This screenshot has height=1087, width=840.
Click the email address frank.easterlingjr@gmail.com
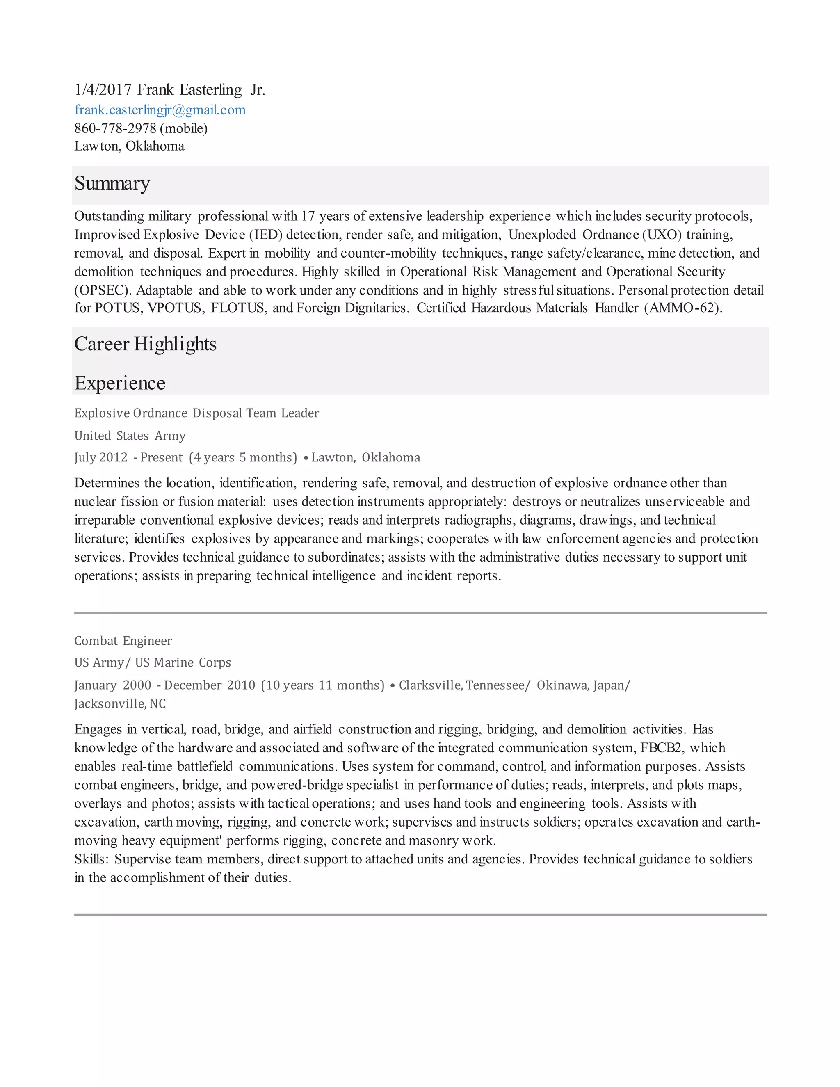(x=160, y=110)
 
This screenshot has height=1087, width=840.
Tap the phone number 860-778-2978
(x=115, y=128)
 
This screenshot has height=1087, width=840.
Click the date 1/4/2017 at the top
(x=103, y=90)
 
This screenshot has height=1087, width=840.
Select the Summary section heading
(x=112, y=183)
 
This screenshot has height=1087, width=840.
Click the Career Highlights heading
(x=145, y=344)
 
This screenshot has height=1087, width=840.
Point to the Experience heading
(x=120, y=383)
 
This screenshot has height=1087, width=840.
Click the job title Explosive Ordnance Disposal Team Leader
(x=196, y=413)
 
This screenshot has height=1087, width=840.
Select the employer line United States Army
(x=130, y=436)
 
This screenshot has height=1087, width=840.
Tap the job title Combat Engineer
(x=123, y=641)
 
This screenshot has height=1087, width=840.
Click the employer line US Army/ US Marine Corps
(x=153, y=663)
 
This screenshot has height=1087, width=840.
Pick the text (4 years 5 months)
(x=243, y=458)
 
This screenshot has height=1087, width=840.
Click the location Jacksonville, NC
(x=120, y=704)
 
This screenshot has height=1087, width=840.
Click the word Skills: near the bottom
(x=91, y=859)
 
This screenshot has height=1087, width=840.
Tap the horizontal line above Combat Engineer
(x=420, y=613)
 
